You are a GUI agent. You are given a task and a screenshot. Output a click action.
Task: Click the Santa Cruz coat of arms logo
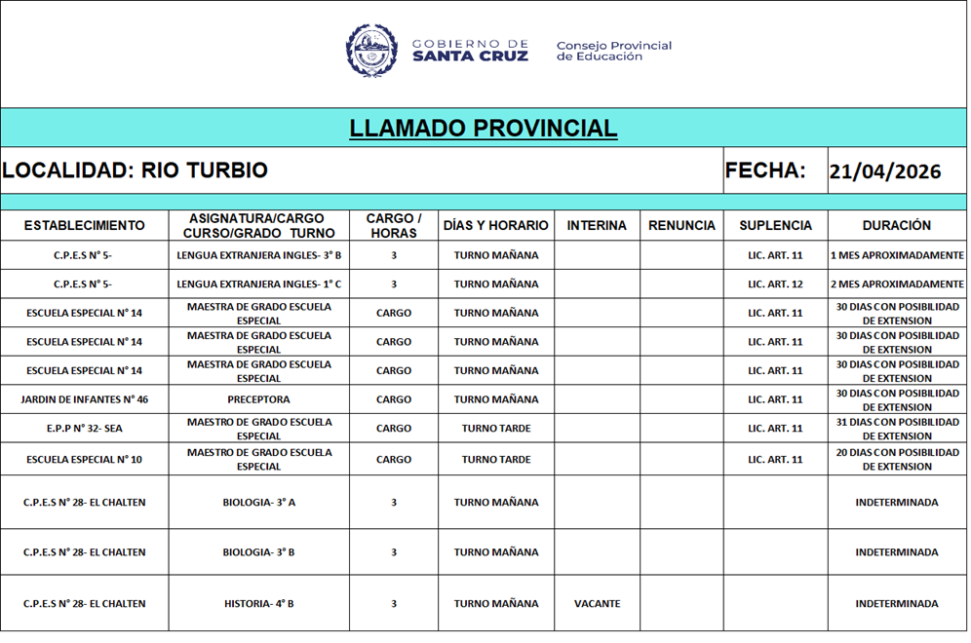[x=371, y=51]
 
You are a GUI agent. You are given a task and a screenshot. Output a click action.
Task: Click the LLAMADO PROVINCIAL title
[x=484, y=129]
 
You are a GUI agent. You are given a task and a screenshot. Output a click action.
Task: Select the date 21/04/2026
[x=885, y=172]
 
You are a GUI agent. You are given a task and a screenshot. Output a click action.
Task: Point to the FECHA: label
[x=765, y=170]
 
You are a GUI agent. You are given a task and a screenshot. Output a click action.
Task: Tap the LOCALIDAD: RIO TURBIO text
[x=135, y=170]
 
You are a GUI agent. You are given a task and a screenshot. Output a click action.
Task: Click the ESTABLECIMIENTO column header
[x=84, y=225]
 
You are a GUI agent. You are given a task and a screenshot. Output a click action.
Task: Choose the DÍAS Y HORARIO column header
[x=495, y=225]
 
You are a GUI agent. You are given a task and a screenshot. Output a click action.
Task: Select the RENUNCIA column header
[x=681, y=225]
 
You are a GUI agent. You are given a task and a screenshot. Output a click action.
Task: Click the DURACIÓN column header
[x=896, y=225]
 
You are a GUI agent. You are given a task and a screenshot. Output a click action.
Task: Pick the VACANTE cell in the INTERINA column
[x=597, y=604]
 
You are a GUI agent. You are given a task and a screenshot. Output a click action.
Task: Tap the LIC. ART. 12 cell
[x=775, y=284]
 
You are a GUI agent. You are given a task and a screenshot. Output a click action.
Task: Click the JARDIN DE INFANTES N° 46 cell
[x=84, y=399]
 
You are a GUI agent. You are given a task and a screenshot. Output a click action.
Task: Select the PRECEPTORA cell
[x=258, y=399]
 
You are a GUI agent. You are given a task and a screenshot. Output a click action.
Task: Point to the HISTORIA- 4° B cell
[x=258, y=604]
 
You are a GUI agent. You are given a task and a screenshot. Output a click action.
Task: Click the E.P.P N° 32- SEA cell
[x=84, y=429]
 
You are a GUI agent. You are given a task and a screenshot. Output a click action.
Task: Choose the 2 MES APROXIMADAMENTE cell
[x=896, y=284]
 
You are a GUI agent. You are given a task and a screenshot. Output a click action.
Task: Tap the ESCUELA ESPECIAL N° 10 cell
[x=84, y=459]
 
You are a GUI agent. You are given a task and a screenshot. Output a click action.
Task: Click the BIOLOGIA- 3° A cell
[x=258, y=503]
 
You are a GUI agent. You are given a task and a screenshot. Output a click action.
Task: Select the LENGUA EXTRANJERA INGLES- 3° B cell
[x=258, y=255]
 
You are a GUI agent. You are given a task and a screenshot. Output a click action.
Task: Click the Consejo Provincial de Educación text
[x=613, y=51]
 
